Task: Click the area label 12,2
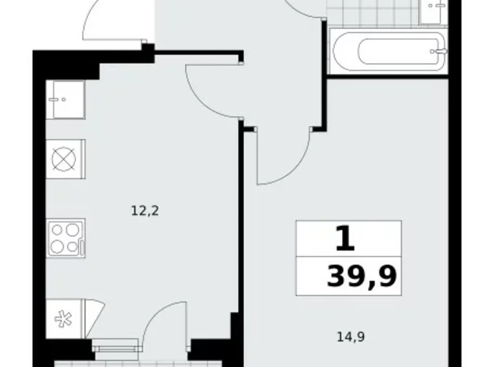[x=144, y=211]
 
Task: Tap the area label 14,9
[x=351, y=337]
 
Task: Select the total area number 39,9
[x=362, y=276]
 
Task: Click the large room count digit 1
[x=345, y=239]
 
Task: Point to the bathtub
[x=388, y=52]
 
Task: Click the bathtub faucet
[x=439, y=51]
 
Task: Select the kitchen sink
[x=65, y=99]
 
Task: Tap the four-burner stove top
[x=66, y=239]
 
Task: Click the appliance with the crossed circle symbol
[x=65, y=159]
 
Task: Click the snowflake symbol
[x=63, y=319]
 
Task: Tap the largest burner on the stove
[x=72, y=230]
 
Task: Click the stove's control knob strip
[x=82, y=247]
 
